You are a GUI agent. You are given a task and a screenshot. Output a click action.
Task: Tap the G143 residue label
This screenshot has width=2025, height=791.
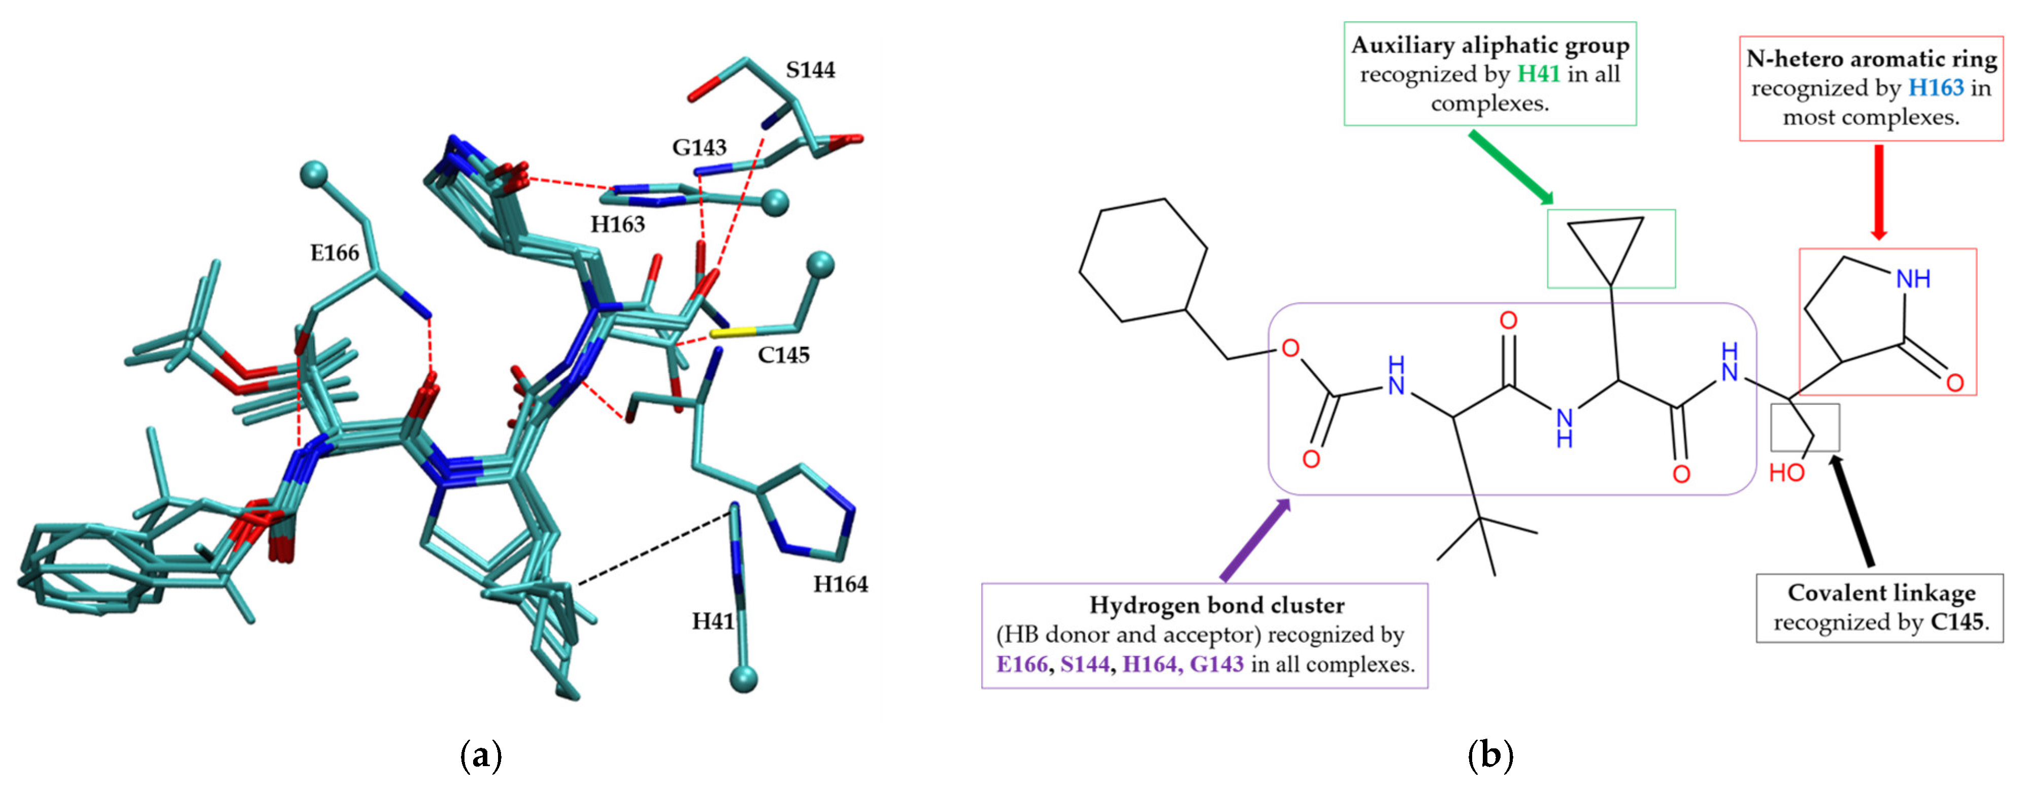point(699,148)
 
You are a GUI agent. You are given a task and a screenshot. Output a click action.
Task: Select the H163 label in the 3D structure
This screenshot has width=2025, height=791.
point(618,225)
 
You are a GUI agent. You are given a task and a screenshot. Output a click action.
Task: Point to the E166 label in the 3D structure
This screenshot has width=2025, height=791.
point(335,253)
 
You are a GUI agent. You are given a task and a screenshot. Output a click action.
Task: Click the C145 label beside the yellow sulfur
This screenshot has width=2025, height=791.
point(783,355)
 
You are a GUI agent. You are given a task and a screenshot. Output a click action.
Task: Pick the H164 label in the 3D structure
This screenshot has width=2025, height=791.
point(840,584)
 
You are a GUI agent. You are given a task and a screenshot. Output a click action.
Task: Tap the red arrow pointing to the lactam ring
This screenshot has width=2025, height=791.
point(1879,192)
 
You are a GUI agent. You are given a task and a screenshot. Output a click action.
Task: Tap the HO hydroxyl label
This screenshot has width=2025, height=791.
point(1786,473)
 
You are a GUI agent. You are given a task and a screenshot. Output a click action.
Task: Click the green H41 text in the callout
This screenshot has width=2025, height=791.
point(1538,74)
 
